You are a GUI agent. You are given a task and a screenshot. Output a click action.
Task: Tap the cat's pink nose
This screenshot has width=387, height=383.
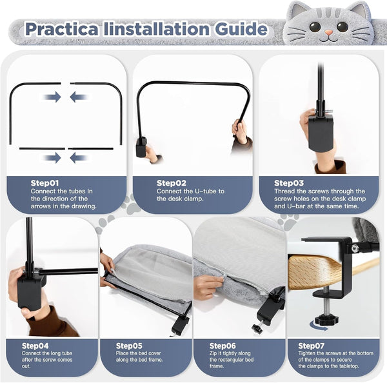pyautogui.click(x=328, y=32)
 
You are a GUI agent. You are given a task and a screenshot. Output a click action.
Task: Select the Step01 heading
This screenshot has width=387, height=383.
pyautogui.click(x=45, y=183)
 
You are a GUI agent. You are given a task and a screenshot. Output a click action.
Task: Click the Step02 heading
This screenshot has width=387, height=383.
pyautogui.click(x=172, y=183)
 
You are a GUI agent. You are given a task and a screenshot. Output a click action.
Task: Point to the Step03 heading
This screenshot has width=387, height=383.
pyautogui.click(x=289, y=183)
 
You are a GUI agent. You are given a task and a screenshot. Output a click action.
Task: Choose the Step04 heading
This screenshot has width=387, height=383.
pyautogui.click(x=35, y=346)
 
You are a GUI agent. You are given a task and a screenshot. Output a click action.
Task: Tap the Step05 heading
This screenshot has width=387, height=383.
pyautogui.click(x=129, y=346)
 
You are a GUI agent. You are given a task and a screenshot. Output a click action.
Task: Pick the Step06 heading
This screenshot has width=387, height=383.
pyautogui.click(x=223, y=346)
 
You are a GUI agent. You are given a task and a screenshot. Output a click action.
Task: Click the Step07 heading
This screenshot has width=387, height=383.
pyautogui.click(x=312, y=346)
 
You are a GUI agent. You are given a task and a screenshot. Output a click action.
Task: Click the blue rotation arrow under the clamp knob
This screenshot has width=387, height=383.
pyautogui.click(x=319, y=327)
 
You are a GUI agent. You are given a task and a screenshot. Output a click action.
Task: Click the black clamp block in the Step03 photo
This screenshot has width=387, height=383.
pyautogui.click(x=321, y=133)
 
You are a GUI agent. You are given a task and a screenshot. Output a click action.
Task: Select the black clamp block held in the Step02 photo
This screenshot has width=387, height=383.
pyautogui.click(x=141, y=148)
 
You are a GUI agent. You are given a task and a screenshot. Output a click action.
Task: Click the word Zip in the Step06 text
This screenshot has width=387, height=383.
pyautogui.click(x=213, y=353)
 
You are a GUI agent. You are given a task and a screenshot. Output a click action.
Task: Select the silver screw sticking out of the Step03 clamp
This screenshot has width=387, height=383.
pyautogui.click(x=328, y=112)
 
